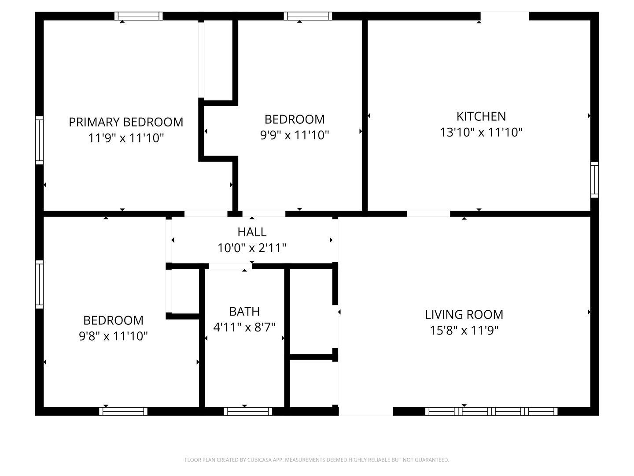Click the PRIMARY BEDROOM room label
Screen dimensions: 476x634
click(126, 122)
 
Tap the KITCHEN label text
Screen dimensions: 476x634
click(481, 116)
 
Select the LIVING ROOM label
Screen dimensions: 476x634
click(464, 315)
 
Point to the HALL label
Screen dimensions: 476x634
click(252, 232)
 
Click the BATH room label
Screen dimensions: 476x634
click(244, 312)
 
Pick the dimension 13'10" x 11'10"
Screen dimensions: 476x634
click(481, 132)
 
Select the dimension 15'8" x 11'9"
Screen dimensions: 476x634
click(464, 331)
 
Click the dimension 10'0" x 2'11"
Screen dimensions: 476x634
click(252, 248)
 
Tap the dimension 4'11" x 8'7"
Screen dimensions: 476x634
click(244, 327)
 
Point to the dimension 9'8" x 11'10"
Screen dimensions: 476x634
click(113, 336)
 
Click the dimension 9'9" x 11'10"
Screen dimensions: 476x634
click(295, 135)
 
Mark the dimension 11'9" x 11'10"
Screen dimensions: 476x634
click(126, 138)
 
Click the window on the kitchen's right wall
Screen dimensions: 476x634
click(594, 179)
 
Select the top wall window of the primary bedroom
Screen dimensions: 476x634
click(139, 16)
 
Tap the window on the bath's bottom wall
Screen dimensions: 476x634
click(248, 411)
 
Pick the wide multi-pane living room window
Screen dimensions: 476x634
click(491, 411)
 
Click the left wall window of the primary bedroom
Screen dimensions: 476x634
click(40, 140)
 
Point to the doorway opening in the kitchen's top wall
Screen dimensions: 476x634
click(504, 16)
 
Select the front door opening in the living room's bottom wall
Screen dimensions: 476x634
click(365, 411)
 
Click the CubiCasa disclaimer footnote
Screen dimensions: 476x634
click(317, 460)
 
